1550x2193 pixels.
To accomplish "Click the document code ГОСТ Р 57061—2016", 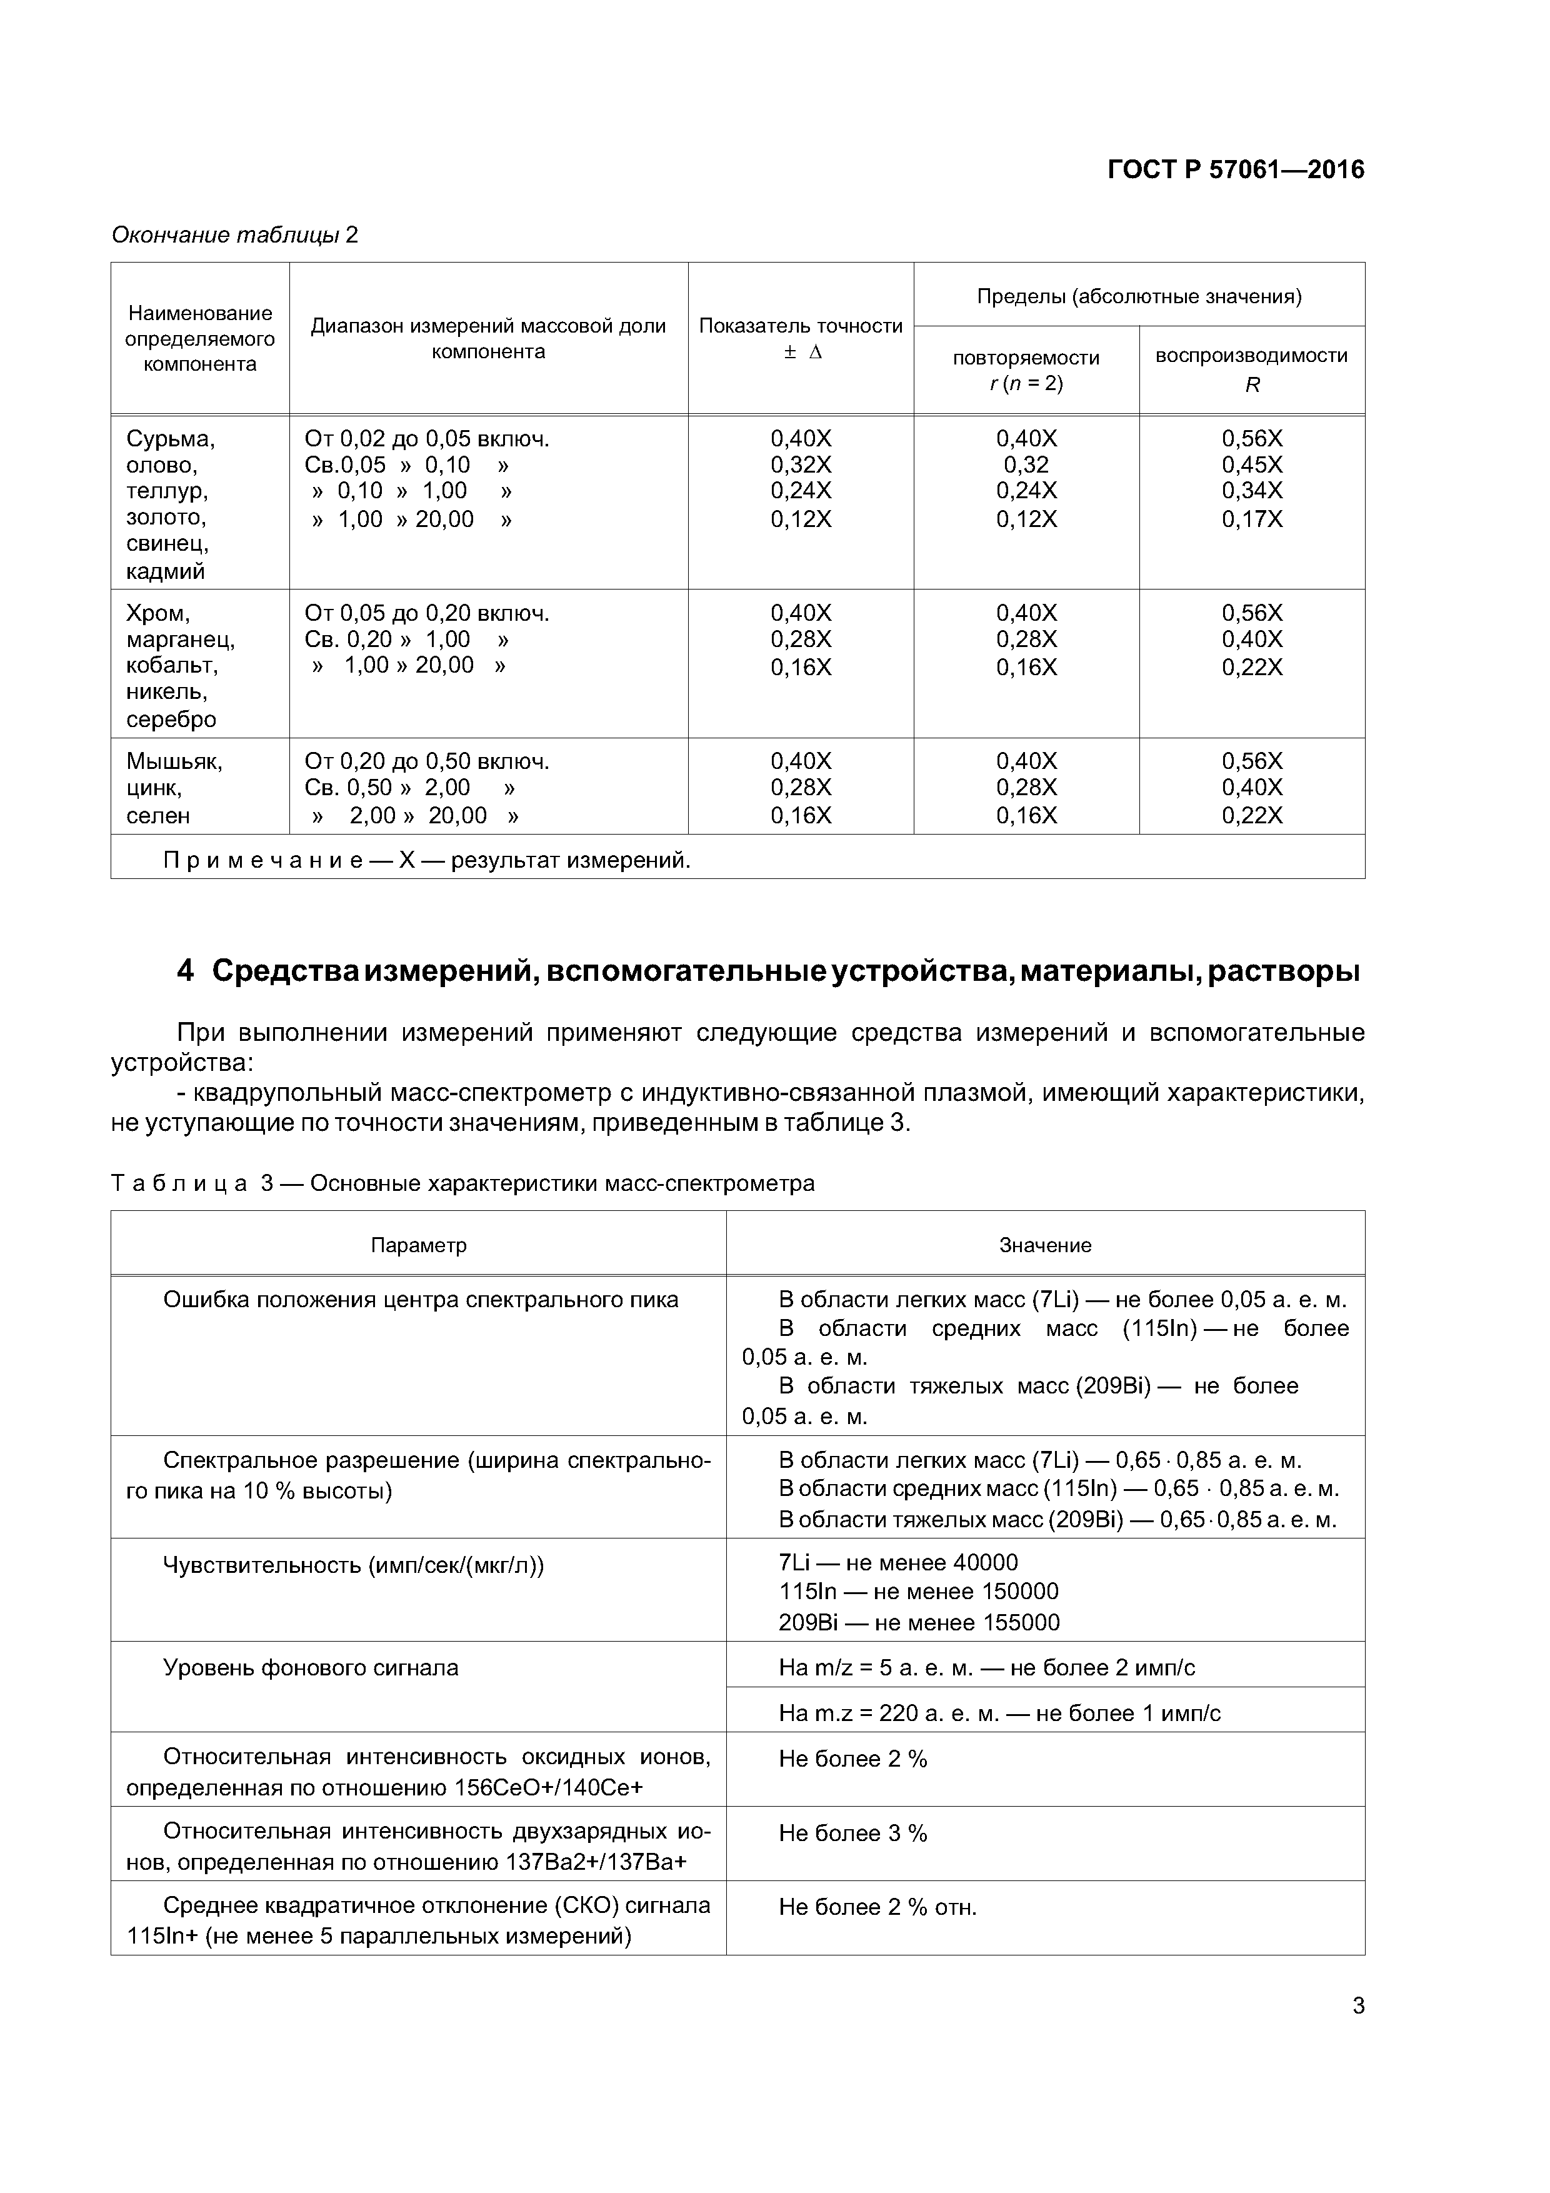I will [1235, 170].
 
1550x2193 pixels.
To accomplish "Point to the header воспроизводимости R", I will [1251, 369].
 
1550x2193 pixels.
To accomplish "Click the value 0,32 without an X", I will [1026, 465].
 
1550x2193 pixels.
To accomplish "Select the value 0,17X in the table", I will [1251, 519].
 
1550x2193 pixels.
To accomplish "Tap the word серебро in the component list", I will [171, 719].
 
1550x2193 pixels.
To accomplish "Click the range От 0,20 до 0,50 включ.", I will [426, 762].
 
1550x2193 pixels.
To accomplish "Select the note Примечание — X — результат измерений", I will [426, 861].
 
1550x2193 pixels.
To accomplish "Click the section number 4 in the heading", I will [185, 971].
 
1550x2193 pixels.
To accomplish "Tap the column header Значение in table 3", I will [1045, 1245].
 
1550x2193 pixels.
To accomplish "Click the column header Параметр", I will [418, 1245].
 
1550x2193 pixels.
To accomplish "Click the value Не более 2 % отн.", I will [877, 1907].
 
